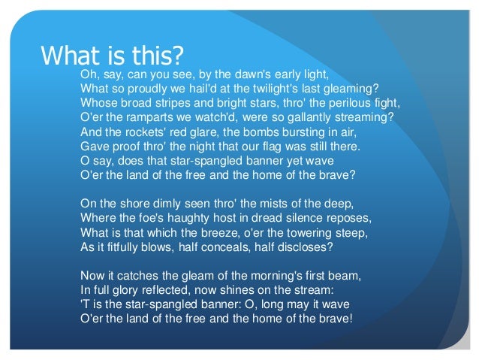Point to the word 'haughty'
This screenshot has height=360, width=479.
coord(194,217)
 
